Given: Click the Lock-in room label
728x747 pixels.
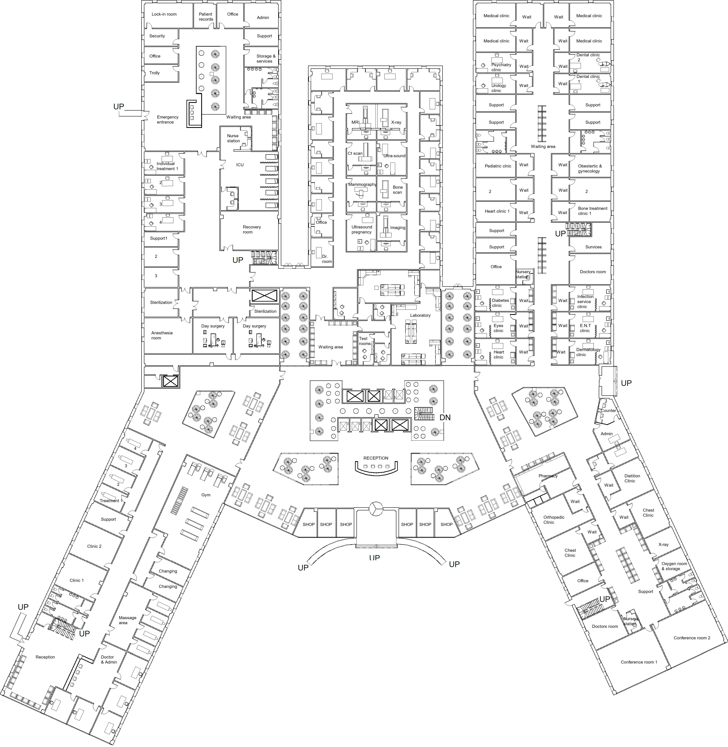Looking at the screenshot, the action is click(x=164, y=14).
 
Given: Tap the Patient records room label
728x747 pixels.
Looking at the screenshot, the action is click(x=206, y=17).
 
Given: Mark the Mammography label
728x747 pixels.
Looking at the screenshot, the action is click(x=362, y=184).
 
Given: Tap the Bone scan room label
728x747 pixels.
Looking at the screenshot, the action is click(x=398, y=190).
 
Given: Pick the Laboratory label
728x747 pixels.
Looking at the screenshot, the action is click(x=420, y=315).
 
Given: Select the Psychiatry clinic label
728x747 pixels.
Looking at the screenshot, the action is click(x=501, y=67).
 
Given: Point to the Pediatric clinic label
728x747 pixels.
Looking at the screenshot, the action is click(x=498, y=166).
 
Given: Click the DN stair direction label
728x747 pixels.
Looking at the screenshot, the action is click(x=445, y=418).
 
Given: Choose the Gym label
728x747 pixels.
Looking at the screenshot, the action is click(x=206, y=495).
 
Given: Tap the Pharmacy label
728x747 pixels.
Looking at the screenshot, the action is click(x=548, y=476).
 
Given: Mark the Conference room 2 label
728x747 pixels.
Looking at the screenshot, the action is click(x=692, y=638).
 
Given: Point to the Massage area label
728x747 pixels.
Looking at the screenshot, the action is click(x=127, y=620).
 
